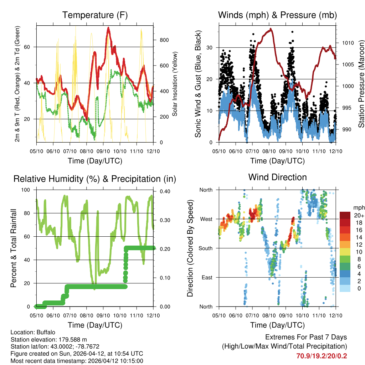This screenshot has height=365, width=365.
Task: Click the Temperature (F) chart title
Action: point(95,15)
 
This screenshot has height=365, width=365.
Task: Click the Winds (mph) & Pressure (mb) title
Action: point(277,15)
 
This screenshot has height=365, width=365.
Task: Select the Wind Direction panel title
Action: point(277,177)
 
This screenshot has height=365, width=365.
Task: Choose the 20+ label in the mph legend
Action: point(359,215)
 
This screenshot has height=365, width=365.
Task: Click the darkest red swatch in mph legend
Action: point(345,215)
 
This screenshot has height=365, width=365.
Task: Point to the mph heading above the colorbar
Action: point(358,207)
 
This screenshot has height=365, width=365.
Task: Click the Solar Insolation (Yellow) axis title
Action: point(175,84)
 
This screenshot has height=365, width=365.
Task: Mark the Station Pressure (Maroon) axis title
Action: point(361,84)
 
